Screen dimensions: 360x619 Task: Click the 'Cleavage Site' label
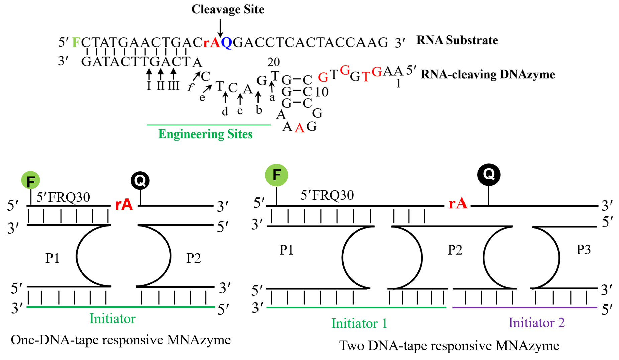pos(227,9)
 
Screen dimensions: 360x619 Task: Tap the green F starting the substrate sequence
pos(76,42)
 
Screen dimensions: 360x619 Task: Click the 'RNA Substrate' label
pos(457,40)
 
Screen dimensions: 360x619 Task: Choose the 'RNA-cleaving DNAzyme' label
pos(488,74)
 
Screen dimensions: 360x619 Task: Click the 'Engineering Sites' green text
pos(205,134)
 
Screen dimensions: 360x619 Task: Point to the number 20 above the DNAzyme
pos(273,62)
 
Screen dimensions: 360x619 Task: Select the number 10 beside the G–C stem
pos(322,92)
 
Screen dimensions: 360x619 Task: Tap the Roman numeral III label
pos(173,86)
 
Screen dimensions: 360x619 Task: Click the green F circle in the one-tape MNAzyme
pos(31,181)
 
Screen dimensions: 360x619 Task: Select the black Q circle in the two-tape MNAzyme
pos(489,174)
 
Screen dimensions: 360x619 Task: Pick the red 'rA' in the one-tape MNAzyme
pos(124,205)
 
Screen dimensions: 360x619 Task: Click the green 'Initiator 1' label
pos(359,323)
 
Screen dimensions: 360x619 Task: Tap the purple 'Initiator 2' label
pos(536,323)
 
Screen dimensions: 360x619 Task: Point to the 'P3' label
pos(584,250)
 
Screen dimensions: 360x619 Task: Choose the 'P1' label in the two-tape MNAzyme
pos(286,250)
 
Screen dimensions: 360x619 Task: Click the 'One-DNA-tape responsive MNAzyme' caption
pos(121,340)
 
